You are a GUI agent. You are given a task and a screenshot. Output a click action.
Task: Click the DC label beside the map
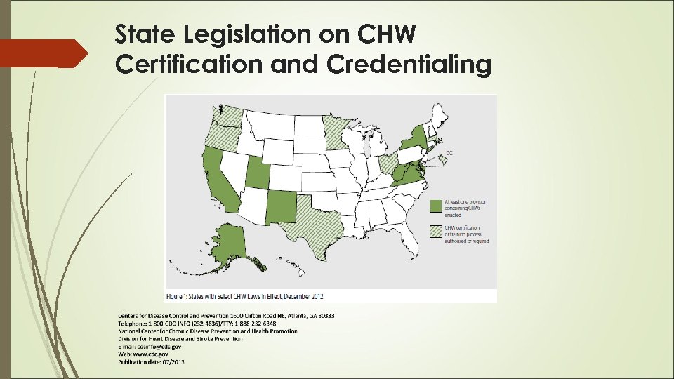(x=449, y=152)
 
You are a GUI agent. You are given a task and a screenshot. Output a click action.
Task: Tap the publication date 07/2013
(x=171, y=362)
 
